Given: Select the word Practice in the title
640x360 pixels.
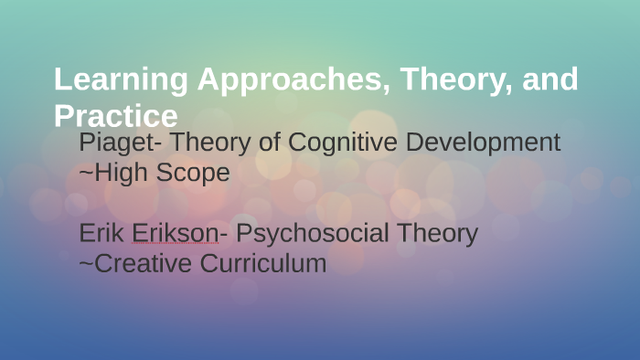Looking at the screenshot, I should tap(115, 116).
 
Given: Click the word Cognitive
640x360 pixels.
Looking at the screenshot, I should tap(341, 143).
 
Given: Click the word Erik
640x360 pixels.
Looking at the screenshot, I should tap(102, 234).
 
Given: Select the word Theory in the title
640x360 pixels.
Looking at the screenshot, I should tap(442, 80).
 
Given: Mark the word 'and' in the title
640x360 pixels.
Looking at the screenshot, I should tap(551, 79).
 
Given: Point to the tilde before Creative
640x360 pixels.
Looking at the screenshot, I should tap(86, 265).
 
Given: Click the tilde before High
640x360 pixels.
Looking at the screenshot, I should tap(86, 173).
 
